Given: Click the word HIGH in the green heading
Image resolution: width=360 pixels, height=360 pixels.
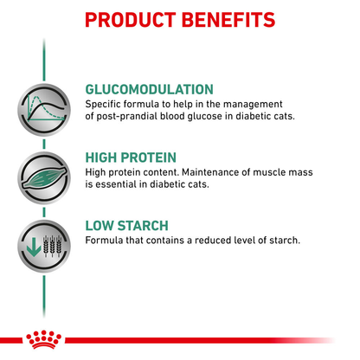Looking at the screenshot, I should coord(103,157).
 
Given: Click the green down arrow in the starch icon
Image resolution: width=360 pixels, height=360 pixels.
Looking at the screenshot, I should coord(29,243).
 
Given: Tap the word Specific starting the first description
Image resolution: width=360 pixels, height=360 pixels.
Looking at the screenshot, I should coord(106,105).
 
